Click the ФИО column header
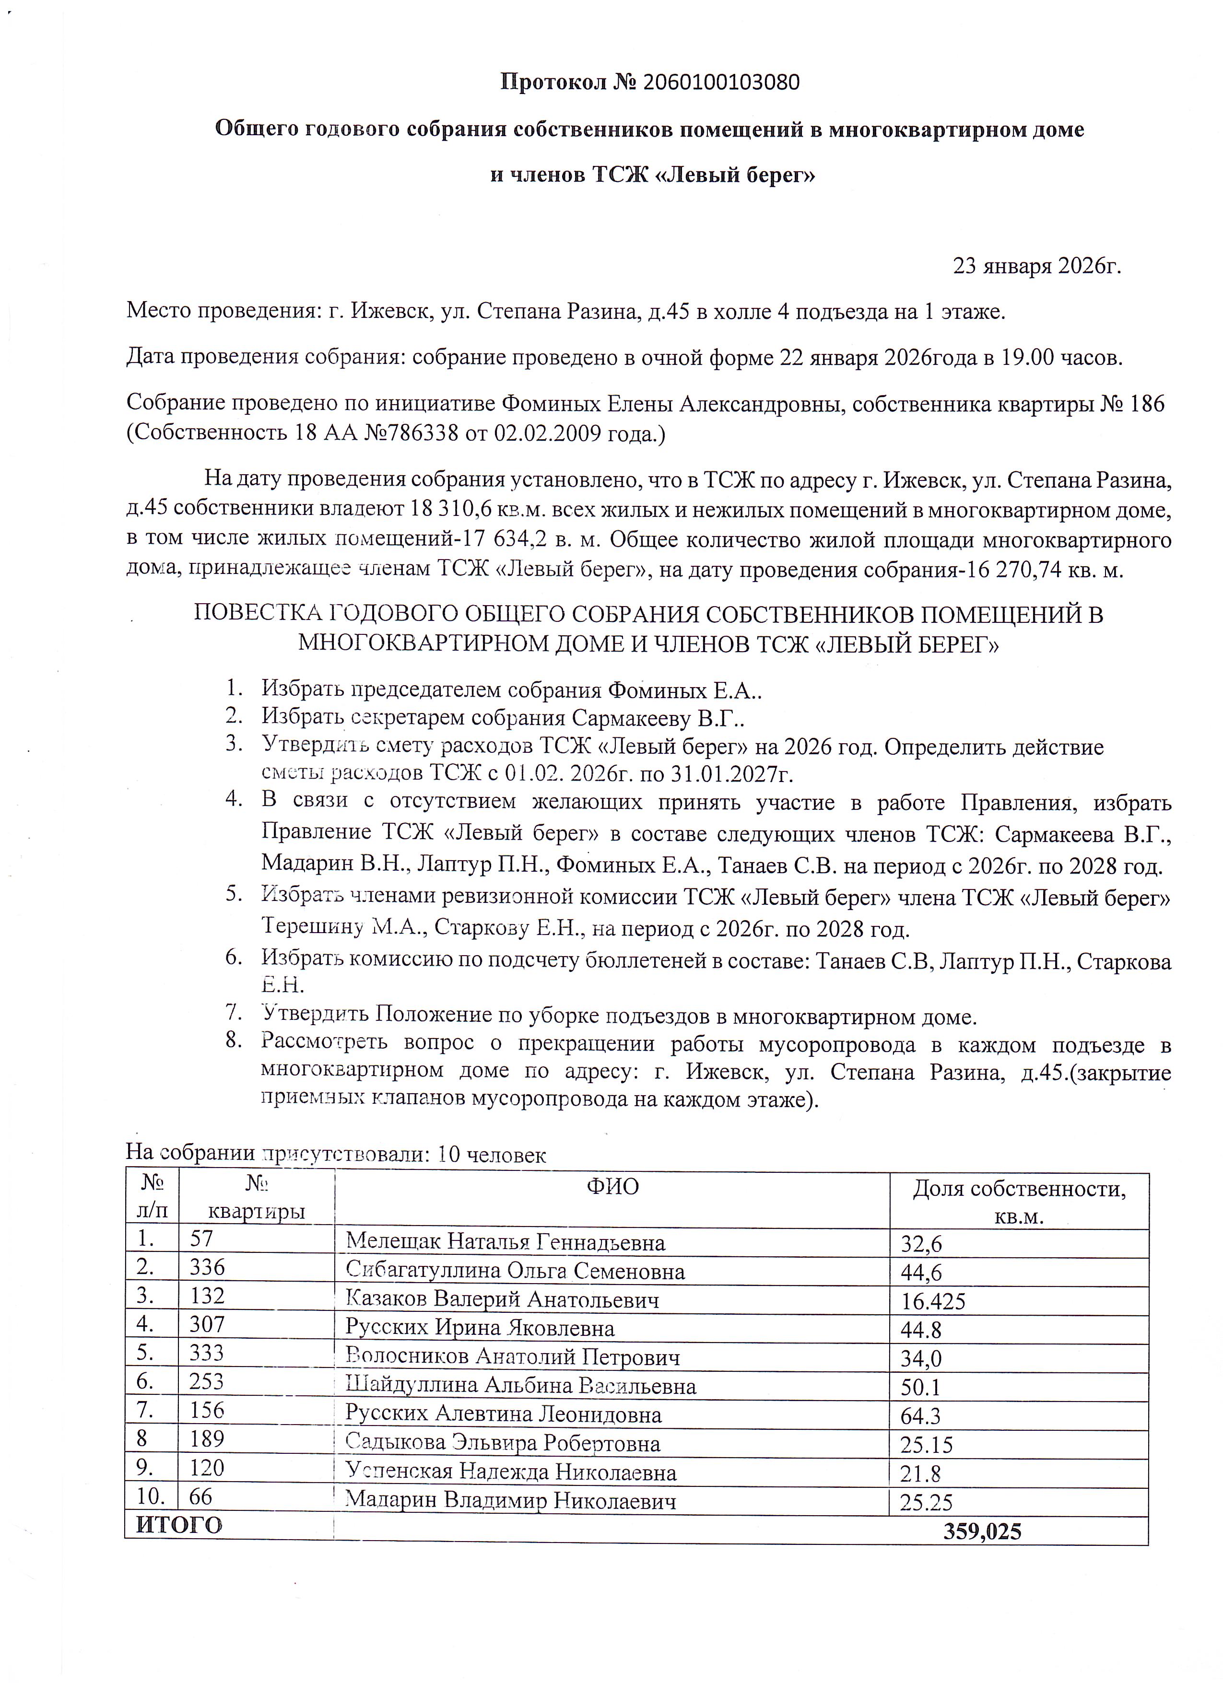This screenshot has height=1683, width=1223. pyautogui.click(x=612, y=1187)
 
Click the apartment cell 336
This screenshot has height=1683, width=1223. pyautogui.click(x=207, y=1267)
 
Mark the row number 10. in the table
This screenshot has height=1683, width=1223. pyautogui.click(x=152, y=1497)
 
